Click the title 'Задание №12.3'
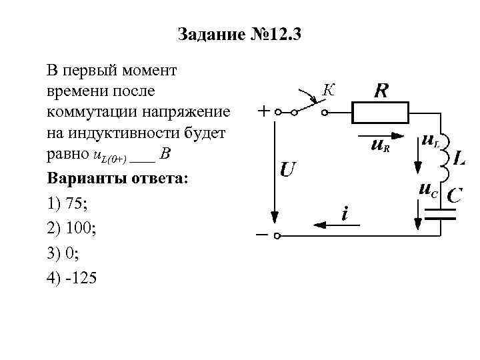pyautogui.click(x=240, y=34)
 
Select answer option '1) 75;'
pyautogui.click(x=69, y=205)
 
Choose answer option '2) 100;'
pyautogui.click(x=73, y=229)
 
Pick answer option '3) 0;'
pyautogui.click(x=65, y=254)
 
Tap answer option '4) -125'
pyautogui.click(x=72, y=279)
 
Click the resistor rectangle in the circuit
pyautogui.click(x=381, y=113)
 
